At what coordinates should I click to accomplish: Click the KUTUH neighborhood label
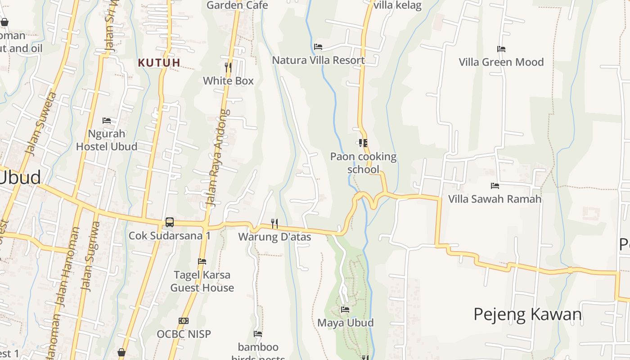point(159,63)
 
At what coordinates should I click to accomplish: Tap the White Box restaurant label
point(228,81)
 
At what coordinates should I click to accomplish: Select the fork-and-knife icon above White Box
point(228,67)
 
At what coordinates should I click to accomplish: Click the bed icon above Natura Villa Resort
point(318,47)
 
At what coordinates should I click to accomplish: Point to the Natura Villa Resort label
point(318,60)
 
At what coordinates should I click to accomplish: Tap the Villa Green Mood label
point(501,62)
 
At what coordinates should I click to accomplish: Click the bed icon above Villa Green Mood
point(501,49)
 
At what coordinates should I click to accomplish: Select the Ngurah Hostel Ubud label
point(107,140)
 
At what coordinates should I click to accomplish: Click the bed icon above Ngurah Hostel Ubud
point(107,121)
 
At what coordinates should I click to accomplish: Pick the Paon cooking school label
point(363,163)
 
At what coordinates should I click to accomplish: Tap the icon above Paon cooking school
point(363,143)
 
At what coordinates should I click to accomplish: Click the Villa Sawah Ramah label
point(495,199)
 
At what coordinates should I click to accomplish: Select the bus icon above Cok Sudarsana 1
point(170,222)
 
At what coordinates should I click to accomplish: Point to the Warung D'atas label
point(274,237)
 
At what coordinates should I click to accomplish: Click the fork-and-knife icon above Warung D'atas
point(274,223)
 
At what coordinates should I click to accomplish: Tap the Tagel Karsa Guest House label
point(202,281)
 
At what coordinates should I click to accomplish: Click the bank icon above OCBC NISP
point(184,321)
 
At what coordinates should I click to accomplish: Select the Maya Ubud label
point(345,323)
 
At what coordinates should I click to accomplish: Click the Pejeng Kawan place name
point(527,314)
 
